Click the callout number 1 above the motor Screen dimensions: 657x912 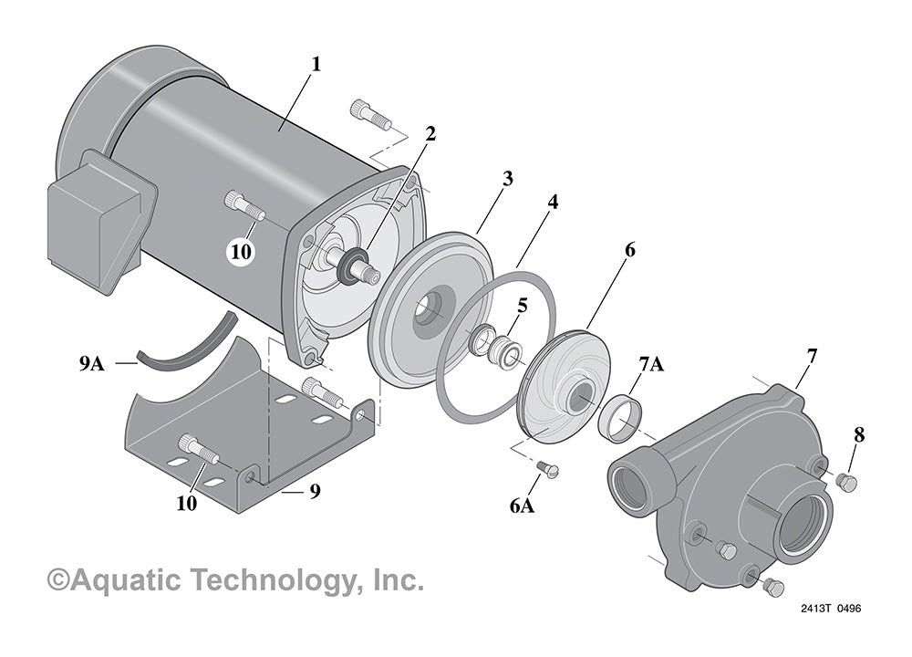pyautogui.click(x=316, y=66)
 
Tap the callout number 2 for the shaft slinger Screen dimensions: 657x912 pyautogui.click(x=430, y=133)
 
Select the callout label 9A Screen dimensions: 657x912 pyautogui.click(x=91, y=363)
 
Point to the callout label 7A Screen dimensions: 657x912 pyautogui.click(x=651, y=365)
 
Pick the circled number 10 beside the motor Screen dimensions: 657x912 pyautogui.click(x=241, y=252)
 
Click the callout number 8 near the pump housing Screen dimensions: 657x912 pyautogui.click(x=858, y=435)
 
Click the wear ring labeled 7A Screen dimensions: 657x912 pyautogui.click(x=617, y=414)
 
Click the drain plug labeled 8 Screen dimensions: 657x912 pyautogui.click(x=845, y=482)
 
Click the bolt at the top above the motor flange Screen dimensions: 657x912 pyautogui.click(x=369, y=115)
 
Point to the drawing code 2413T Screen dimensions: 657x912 pyautogui.click(x=817, y=609)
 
